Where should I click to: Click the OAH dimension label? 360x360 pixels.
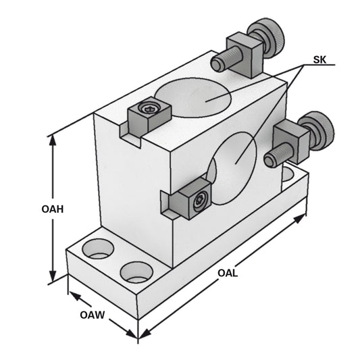pyautogui.click(x=52, y=209)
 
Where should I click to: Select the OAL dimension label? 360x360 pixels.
pyautogui.click(x=228, y=274)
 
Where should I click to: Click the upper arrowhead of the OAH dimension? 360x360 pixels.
pyautogui.click(x=53, y=139)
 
